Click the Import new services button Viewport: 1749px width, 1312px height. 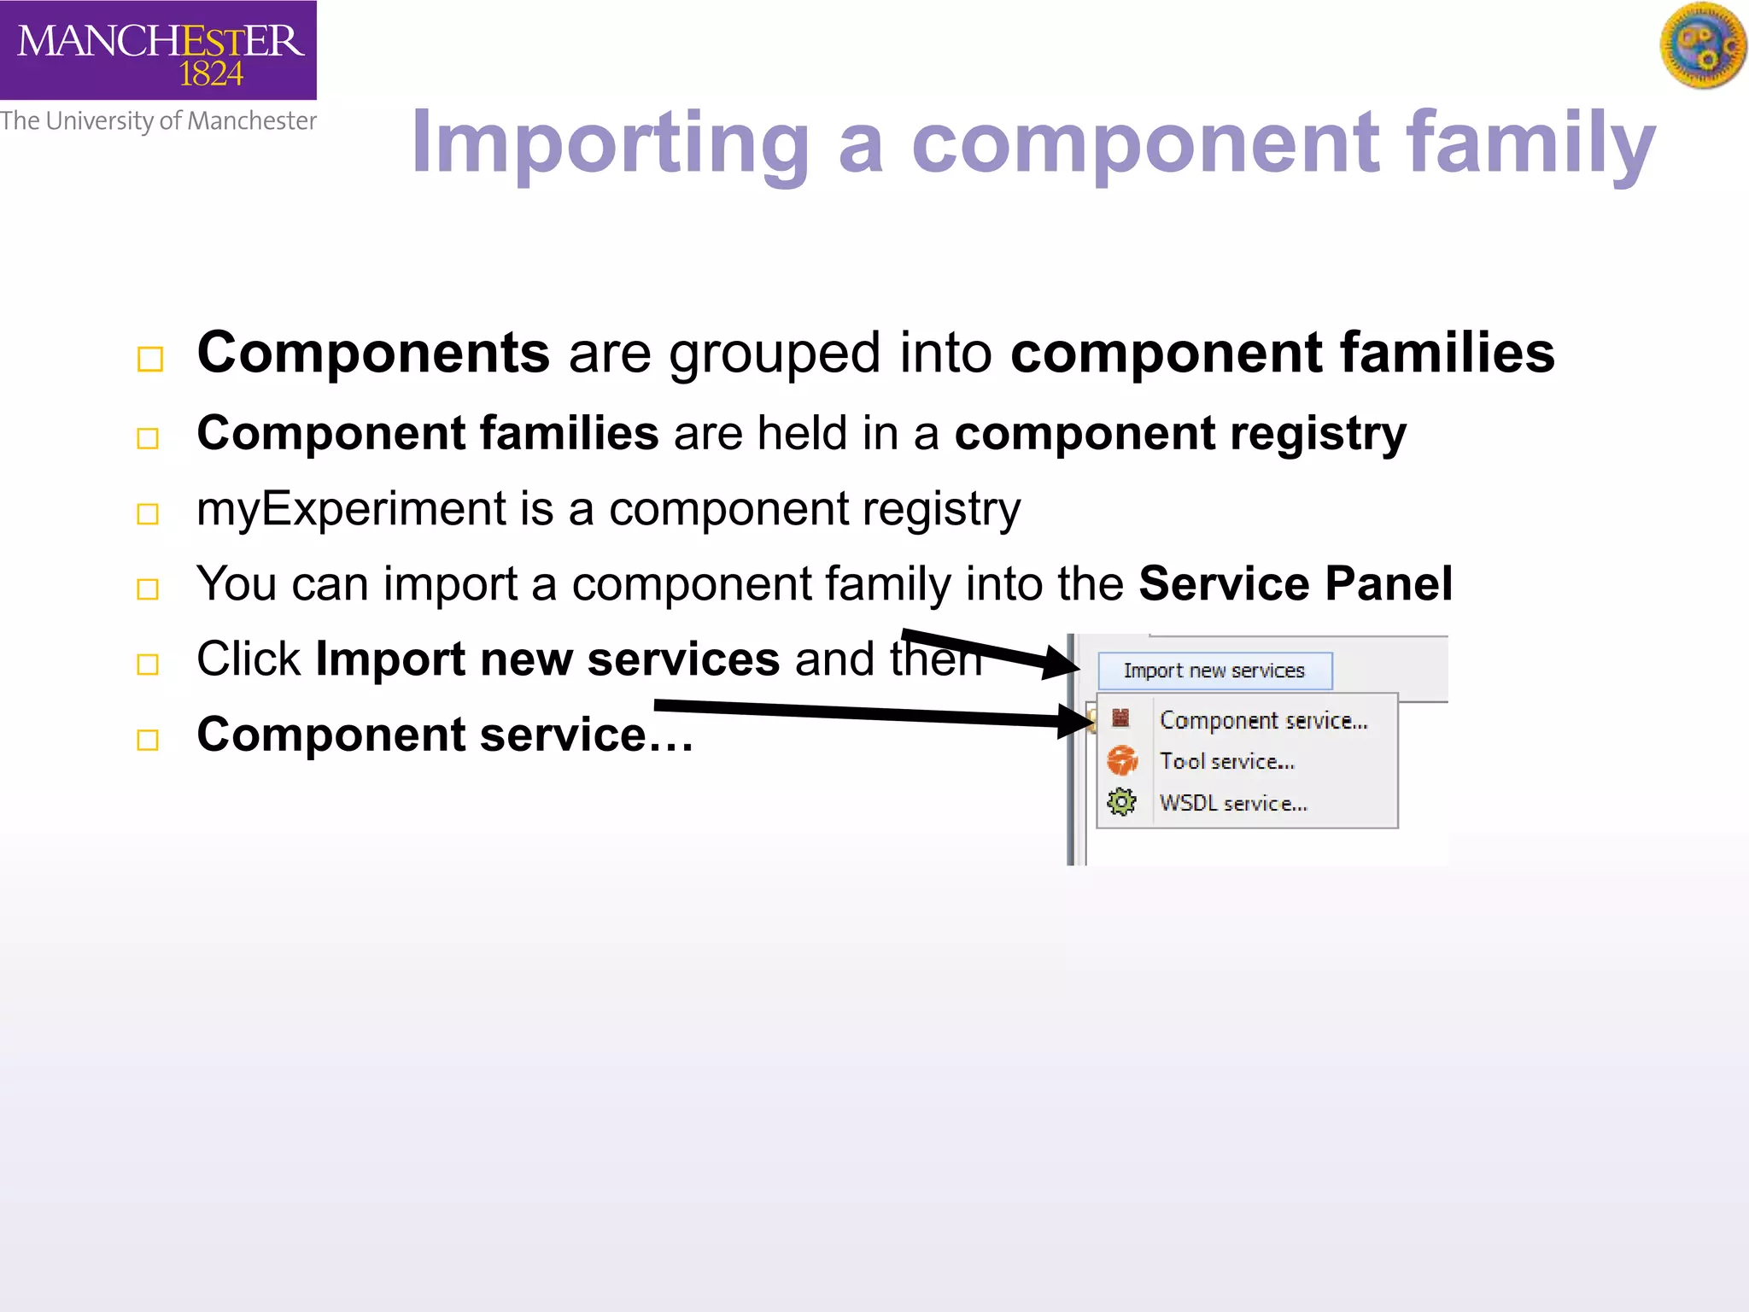(1214, 671)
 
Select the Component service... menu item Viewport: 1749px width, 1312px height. (1263, 721)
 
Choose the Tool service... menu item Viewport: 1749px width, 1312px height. (1226, 761)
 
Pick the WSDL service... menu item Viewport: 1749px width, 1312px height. (1232, 803)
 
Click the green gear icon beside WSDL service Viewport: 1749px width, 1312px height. (1121, 802)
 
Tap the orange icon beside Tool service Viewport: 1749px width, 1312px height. (1122, 760)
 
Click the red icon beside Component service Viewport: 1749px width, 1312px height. (1120, 718)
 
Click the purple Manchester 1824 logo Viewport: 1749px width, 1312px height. (158, 50)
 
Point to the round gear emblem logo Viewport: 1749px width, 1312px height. (1703, 45)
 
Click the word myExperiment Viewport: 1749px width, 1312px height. (351, 509)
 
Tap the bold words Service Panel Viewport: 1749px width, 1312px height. (1295, 584)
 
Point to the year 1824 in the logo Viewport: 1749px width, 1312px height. (211, 74)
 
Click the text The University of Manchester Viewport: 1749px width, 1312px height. (158, 121)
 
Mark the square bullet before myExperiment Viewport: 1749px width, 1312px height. (148, 513)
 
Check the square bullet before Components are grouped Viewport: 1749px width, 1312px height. (149, 359)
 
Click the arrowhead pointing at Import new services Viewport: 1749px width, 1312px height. (1062, 662)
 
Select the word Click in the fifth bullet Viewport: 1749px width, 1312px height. (249, 659)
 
